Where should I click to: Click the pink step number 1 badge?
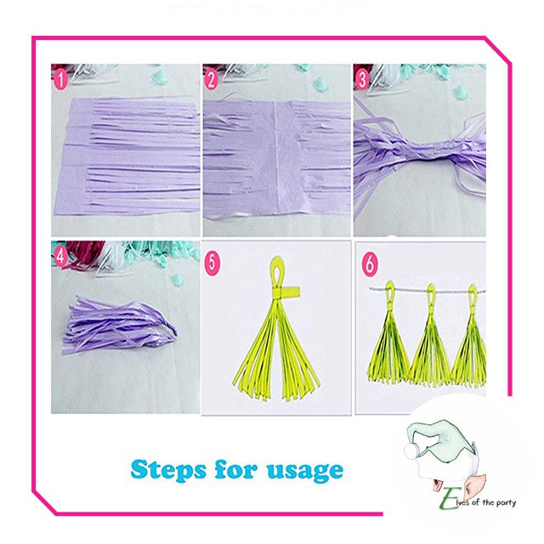[x=60, y=80]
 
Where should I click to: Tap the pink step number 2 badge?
[x=211, y=80]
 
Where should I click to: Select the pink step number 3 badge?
[x=362, y=80]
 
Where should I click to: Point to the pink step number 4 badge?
[x=60, y=257]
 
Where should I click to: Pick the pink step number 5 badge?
[x=212, y=263]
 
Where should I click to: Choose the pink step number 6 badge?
[x=369, y=263]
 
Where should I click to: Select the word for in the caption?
[x=236, y=469]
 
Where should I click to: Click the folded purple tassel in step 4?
[x=120, y=325]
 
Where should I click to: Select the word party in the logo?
[x=506, y=502]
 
